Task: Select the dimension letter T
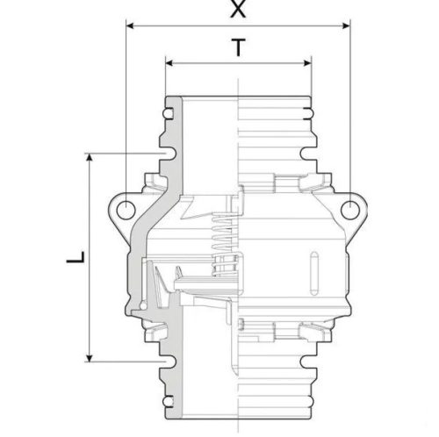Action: pyautogui.click(x=237, y=49)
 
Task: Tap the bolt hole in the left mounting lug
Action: pyautogui.click(x=125, y=208)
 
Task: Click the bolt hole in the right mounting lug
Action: pyautogui.click(x=350, y=208)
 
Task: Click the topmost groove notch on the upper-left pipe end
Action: pyautogui.click(x=168, y=112)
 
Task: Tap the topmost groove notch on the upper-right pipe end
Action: pyautogui.click(x=308, y=112)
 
